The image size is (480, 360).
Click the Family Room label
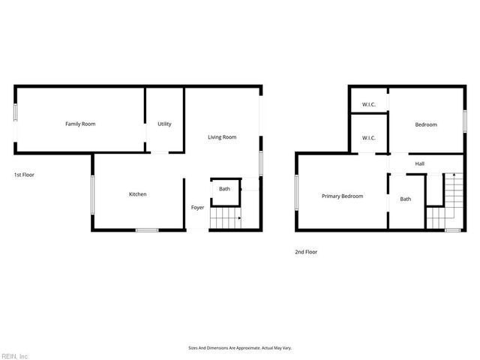tap(80, 124)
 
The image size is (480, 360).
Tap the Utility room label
tap(164, 124)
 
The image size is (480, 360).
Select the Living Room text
tap(222, 137)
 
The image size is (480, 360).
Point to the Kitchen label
tap(137, 194)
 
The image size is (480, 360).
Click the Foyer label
tap(197, 207)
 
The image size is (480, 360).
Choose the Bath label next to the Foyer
tap(225, 189)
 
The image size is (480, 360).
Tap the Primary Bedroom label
tap(342, 196)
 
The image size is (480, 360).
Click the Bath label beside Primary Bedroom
tap(406, 199)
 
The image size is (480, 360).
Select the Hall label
tap(420, 163)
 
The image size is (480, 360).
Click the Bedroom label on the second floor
tap(426, 124)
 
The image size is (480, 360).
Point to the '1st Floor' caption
tap(24, 175)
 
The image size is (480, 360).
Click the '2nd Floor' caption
tap(306, 252)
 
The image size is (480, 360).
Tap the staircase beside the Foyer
tap(225, 219)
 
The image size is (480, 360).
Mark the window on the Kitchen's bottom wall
tap(146, 230)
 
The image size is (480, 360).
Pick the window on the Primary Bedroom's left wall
tap(297, 192)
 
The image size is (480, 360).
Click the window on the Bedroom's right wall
tap(464, 121)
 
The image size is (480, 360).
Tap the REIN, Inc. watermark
tap(15, 355)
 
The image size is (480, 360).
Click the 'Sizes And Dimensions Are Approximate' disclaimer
tap(239, 348)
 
